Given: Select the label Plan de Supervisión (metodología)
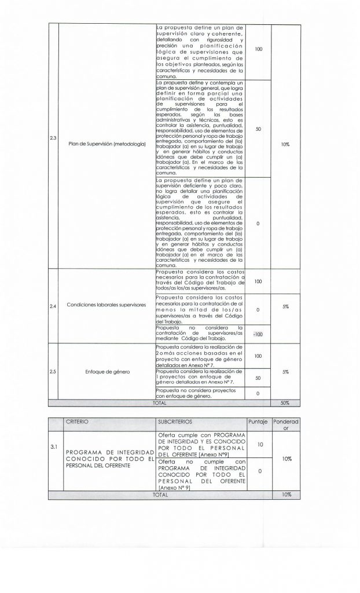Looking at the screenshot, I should click(106, 143).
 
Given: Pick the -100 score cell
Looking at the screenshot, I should click(258, 334).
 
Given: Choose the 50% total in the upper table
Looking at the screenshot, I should click(285, 401).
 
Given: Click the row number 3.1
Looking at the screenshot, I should click(53, 446).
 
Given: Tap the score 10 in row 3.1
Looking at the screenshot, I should click(260, 444).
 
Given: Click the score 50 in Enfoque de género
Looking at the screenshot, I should click(258, 377).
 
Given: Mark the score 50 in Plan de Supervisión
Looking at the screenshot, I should click(258, 129).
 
